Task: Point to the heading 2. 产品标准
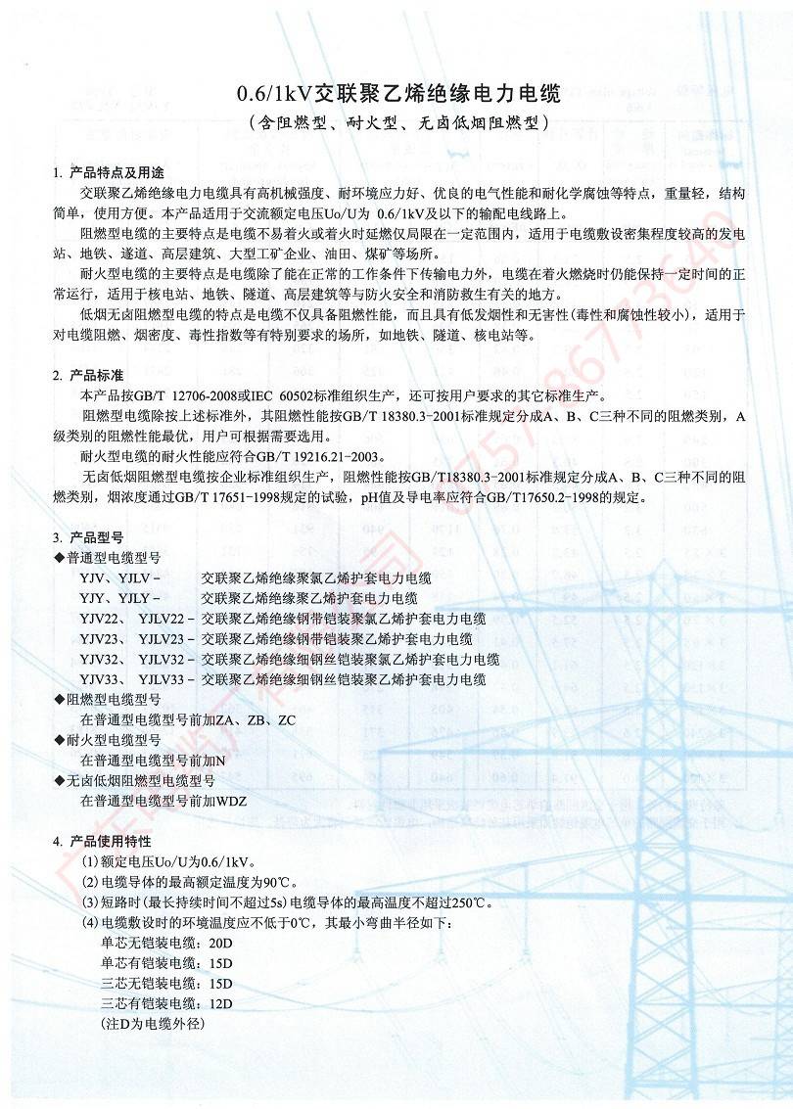88,376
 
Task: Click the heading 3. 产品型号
88,537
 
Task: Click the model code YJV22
100,619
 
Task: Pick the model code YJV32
100,659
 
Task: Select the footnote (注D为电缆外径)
153,1024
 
